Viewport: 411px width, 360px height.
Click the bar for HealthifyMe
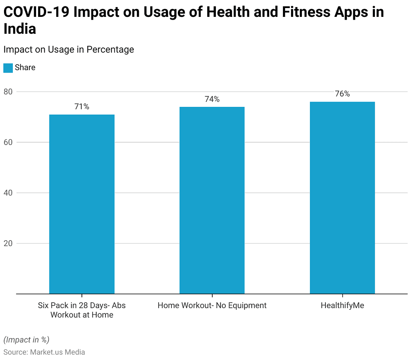pyautogui.click(x=342, y=198)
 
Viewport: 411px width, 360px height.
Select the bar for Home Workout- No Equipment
pyautogui.click(x=212, y=200)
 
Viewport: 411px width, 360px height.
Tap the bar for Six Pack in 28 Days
pyautogui.click(x=82, y=204)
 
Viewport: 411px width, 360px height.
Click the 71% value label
pyautogui.click(x=81, y=107)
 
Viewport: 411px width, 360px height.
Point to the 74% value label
pyautogui.click(x=212, y=99)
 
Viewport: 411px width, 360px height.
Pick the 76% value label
pyautogui.click(x=342, y=94)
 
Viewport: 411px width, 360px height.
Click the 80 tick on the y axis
pyautogui.click(x=8, y=92)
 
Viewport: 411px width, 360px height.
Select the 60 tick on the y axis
pyautogui.click(x=8, y=142)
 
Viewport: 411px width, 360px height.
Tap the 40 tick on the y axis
pyautogui.click(x=8, y=193)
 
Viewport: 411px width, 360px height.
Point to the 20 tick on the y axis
pyautogui.click(x=8, y=243)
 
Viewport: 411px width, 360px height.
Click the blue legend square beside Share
pyautogui.click(x=8, y=68)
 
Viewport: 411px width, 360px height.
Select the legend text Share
pyautogui.click(x=25, y=68)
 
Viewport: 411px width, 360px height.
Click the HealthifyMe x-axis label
pyautogui.click(x=342, y=305)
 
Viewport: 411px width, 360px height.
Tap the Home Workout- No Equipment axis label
pyautogui.click(x=212, y=305)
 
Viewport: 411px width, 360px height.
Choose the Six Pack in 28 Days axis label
pyautogui.click(x=82, y=310)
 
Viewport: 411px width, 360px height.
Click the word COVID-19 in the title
pyautogui.click(x=36, y=12)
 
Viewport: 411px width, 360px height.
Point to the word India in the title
pyautogui.click(x=20, y=29)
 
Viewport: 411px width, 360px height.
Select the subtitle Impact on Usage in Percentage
pyautogui.click(x=69, y=50)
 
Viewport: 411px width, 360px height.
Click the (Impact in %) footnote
pyautogui.click(x=26, y=340)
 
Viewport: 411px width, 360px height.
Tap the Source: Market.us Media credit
pyautogui.click(x=44, y=352)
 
